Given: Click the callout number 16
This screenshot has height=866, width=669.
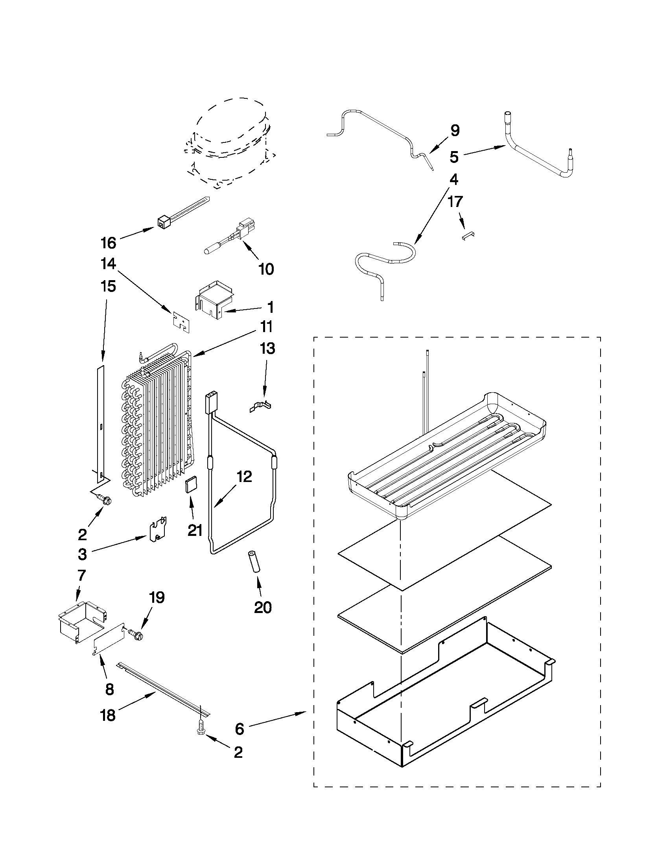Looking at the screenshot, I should coord(108,243).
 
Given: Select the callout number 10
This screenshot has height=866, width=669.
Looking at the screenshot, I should coord(266,270).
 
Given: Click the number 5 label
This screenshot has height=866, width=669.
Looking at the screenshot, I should coord(454,157).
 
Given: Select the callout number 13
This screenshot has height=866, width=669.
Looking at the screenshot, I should coord(267,349).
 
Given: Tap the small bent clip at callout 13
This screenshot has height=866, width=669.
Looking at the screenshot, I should coord(262,406).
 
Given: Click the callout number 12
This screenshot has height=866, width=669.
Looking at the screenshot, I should coord(244,476).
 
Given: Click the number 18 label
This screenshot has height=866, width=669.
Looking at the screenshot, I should coord(108,715).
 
